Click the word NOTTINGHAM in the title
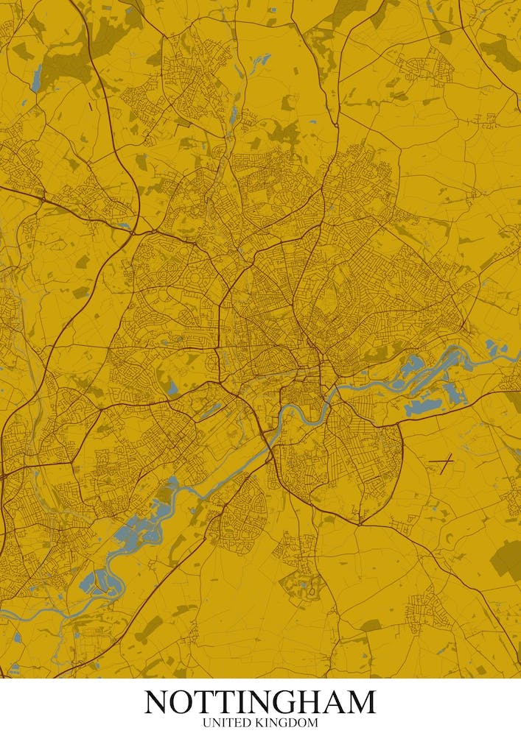[260, 702]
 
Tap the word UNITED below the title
[225, 723]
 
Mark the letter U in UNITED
[207, 723]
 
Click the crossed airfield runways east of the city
[441, 461]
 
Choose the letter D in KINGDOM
[290, 723]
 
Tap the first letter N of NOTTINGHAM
[158, 702]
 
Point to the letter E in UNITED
[235, 723]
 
